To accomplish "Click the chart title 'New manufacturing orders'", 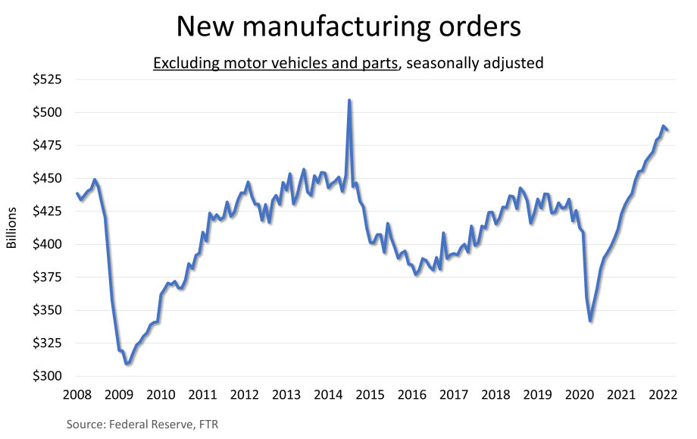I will (348, 27).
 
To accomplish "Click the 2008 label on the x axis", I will (78, 394).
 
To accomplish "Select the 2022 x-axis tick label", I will (661, 394).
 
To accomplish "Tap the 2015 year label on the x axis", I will (370, 394).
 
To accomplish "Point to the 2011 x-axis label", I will (203, 394).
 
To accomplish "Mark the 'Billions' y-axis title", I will (11, 227).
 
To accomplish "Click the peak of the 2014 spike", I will (348, 100).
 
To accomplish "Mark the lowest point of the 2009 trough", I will (127, 364).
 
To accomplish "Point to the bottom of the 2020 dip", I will (590, 321).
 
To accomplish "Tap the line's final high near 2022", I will (663, 127).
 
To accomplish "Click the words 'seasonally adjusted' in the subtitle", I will (475, 63).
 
